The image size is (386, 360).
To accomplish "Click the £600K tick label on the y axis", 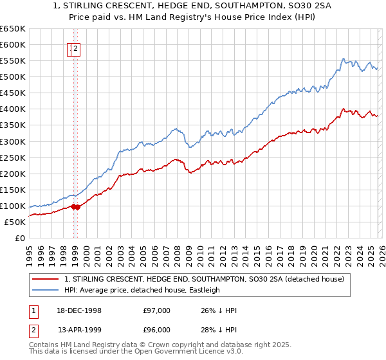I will pos(13,44).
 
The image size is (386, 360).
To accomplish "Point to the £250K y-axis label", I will pos(13,157).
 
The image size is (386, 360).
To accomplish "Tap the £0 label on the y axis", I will pos(19,238).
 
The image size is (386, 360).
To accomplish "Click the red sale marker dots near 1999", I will pos(75,206).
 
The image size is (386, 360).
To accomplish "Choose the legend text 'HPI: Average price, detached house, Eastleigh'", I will pos(142,290).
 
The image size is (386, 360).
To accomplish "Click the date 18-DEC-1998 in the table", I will pos(79,310).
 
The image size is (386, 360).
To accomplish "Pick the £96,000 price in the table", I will pos(156,329).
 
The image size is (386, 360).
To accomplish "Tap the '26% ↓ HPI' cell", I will pos(219,310).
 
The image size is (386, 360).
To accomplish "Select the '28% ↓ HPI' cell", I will pos(219,329).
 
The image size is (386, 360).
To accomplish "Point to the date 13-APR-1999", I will pos(79,329).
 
